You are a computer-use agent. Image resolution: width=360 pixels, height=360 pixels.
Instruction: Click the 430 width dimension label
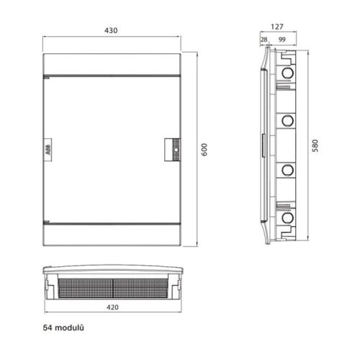(111, 30)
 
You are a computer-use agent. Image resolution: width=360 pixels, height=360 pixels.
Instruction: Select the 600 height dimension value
(204, 150)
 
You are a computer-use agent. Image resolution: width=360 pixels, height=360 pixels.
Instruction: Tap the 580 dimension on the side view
(315, 145)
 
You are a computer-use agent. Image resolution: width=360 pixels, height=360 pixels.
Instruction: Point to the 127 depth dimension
(277, 27)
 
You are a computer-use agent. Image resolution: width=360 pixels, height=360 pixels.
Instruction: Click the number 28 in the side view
(264, 40)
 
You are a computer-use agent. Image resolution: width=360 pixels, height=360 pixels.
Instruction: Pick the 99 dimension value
(282, 40)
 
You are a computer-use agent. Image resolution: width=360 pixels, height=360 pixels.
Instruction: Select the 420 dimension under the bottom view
(112, 307)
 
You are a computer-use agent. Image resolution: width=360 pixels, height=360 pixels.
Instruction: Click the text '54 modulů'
(63, 328)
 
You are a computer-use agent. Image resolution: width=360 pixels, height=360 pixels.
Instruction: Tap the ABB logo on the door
(48, 150)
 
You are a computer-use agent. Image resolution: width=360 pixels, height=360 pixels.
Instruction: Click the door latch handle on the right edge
(172, 150)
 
